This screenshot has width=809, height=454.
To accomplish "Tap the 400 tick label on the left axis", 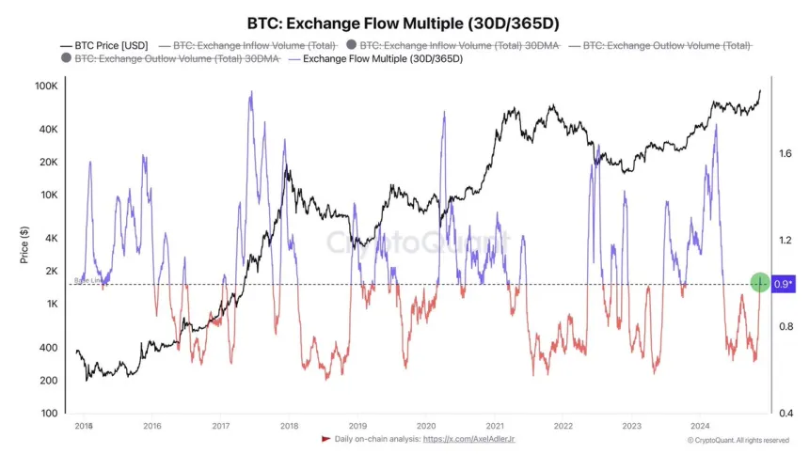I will (x=46, y=348).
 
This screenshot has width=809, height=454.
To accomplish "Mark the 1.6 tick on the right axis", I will (x=785, y=153).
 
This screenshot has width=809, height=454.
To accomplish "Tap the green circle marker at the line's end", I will (x=760, y=282).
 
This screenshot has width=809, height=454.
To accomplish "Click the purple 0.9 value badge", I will (x=783, y=283).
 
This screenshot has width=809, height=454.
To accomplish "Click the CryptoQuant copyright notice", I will (x=738, y=440).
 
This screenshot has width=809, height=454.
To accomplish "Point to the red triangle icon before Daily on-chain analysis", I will (x=325, y=439).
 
